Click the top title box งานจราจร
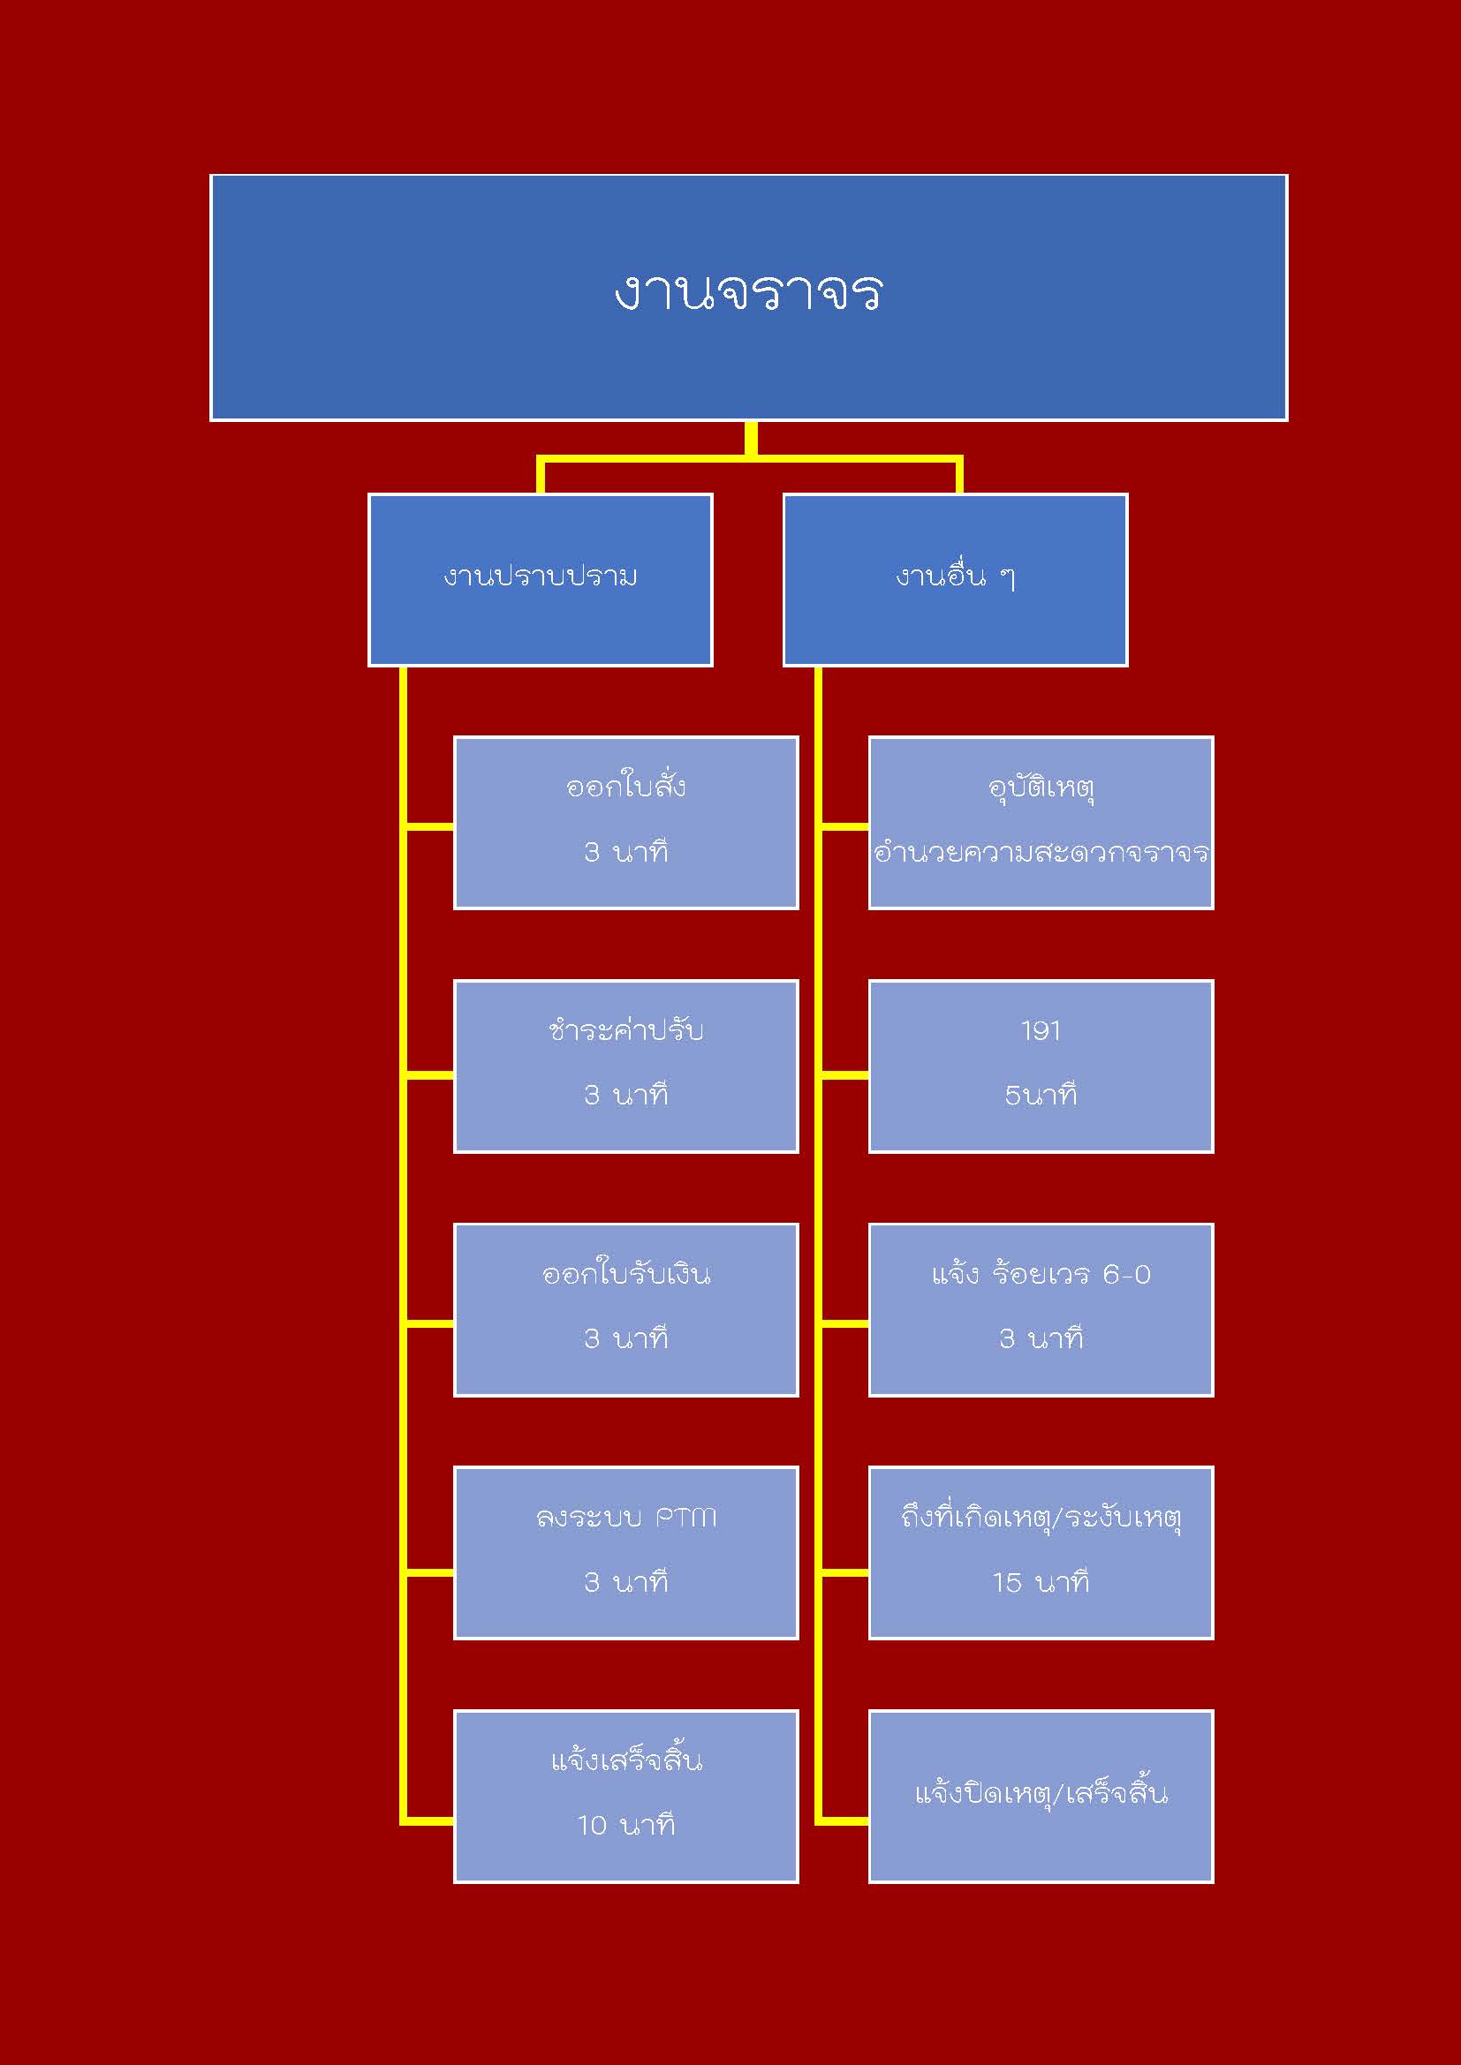748,297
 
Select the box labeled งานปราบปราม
540,580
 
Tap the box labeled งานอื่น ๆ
955,580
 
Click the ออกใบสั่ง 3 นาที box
625,822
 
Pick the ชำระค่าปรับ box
625,1066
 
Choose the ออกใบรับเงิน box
625,1309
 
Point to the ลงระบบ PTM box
625,1552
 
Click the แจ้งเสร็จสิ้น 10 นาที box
625,1796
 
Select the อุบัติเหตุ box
1041,822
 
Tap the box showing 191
1041,1066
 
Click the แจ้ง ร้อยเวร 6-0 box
1041,1309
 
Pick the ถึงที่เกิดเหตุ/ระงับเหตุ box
1041,1552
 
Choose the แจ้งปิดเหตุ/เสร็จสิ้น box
1041,1796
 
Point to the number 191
1041,1030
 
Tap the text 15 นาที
1041,1582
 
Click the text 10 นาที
626,1825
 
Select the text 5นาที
1041,1096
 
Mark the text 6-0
1126,1275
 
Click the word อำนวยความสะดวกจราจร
1041,852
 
